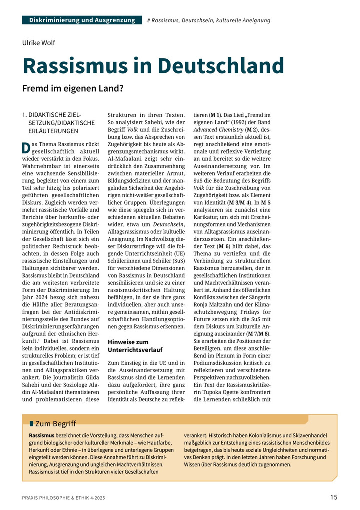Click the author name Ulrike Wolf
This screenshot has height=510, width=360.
click(38, 43)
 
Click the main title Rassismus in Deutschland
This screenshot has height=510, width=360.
click(153, 66)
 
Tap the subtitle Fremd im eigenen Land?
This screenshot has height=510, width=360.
click(72, 88)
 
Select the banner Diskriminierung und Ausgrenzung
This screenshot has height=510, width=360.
click(82, 20)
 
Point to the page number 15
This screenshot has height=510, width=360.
click(333, 497)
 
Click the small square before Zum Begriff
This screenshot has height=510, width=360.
click(31, 424)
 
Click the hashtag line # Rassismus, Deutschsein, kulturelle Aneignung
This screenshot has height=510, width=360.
click(209, 20)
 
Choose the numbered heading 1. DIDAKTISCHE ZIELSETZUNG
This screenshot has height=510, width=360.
click(57, 123)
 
